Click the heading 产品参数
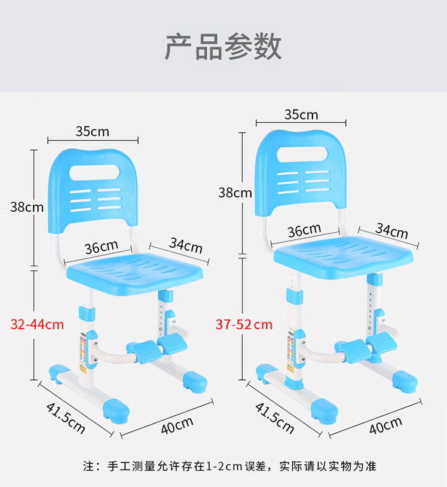223,47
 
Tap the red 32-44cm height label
37,325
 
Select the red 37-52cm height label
244,325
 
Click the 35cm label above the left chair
92,130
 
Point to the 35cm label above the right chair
301,114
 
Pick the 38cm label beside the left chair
27,207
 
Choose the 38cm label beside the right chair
235,193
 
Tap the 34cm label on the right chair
391,231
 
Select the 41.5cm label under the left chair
66,418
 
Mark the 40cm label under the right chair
385,425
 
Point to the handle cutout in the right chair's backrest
302,154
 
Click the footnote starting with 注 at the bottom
229,465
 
